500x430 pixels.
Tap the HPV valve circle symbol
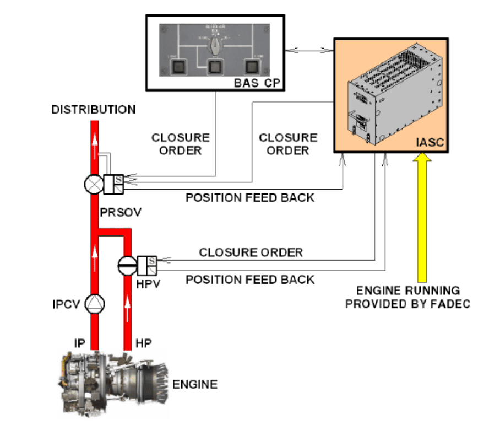coord(127,265)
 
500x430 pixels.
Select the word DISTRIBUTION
coord(94,109)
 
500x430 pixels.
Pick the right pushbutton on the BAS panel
coord(252,67)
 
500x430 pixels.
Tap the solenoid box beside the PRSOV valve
coord(115,184)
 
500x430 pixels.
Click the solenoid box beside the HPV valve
coord(148,265)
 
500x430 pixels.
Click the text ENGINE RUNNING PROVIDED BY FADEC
coord(407,297)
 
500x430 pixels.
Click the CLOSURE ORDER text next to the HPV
coord(251,252)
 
